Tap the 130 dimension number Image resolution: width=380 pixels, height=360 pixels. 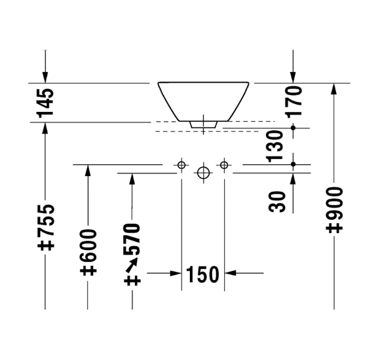[275, 146]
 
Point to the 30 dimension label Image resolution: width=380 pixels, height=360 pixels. [277, 202]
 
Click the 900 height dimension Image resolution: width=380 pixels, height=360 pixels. [334, 203]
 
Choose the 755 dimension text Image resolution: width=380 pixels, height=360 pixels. [46, 221]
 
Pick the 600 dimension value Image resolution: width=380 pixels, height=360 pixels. [88, 245]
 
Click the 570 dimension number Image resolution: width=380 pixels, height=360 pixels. [132, 239]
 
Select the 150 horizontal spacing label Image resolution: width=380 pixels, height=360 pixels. [202, 274]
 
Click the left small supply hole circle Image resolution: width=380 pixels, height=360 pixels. [181, 165]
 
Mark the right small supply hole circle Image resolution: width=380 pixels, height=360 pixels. [224, 165]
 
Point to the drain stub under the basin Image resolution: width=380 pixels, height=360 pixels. [203, 124]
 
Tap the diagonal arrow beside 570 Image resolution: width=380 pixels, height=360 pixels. [132, 264]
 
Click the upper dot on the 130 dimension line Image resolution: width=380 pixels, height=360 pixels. [294, 128]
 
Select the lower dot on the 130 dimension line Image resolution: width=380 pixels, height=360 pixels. [294, 164]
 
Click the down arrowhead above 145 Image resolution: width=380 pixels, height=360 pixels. [45, 77]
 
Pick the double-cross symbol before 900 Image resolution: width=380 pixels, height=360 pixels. [334, 228]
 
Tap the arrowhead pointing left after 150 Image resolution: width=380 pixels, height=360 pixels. [230, 273]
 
